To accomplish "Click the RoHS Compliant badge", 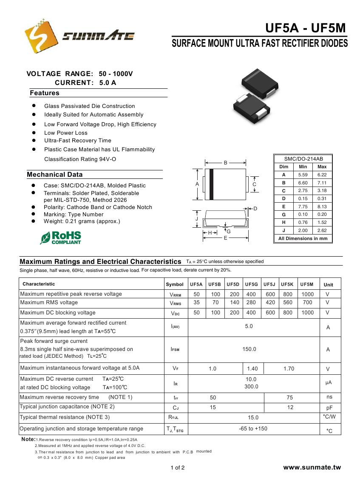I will pyautogui.click(x=60, y=238).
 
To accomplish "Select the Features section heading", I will pyautogui.click(x=45, y=93).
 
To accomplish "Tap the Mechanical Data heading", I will pyautogui.click(x=55, y=175).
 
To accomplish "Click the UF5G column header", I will pyautogui.click(x=252, y=284).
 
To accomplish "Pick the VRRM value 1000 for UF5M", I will pyautogui.click(x=307, y=294).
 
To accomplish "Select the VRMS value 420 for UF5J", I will pyautogui.click(x=270, y=303).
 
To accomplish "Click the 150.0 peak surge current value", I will pyautogui.click(x=249, y=349).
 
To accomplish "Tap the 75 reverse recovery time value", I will pyautogui.click(x=290, y=397).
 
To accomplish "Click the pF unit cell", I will pyautogui.click(x=329, y=408).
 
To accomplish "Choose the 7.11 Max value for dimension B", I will pyautogui.click(x=322, y=183).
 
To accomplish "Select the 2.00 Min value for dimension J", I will pyautogui.click(x=303, y=230).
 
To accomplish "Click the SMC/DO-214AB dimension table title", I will pyautogui.click(x=303, y=158).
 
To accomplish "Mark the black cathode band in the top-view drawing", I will pyautogui.click(x=211, y=184).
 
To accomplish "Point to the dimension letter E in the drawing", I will pyautogui.click(x=225, y=238).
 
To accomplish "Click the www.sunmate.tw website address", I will pyautogui.click(x=312, y=467).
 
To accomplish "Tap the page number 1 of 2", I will pyautogui.click(x=178, y=468).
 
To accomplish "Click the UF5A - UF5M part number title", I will pyautogui.click(x=306, y=28).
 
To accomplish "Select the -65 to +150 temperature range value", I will pyautogui.click(x=253, y=428).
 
